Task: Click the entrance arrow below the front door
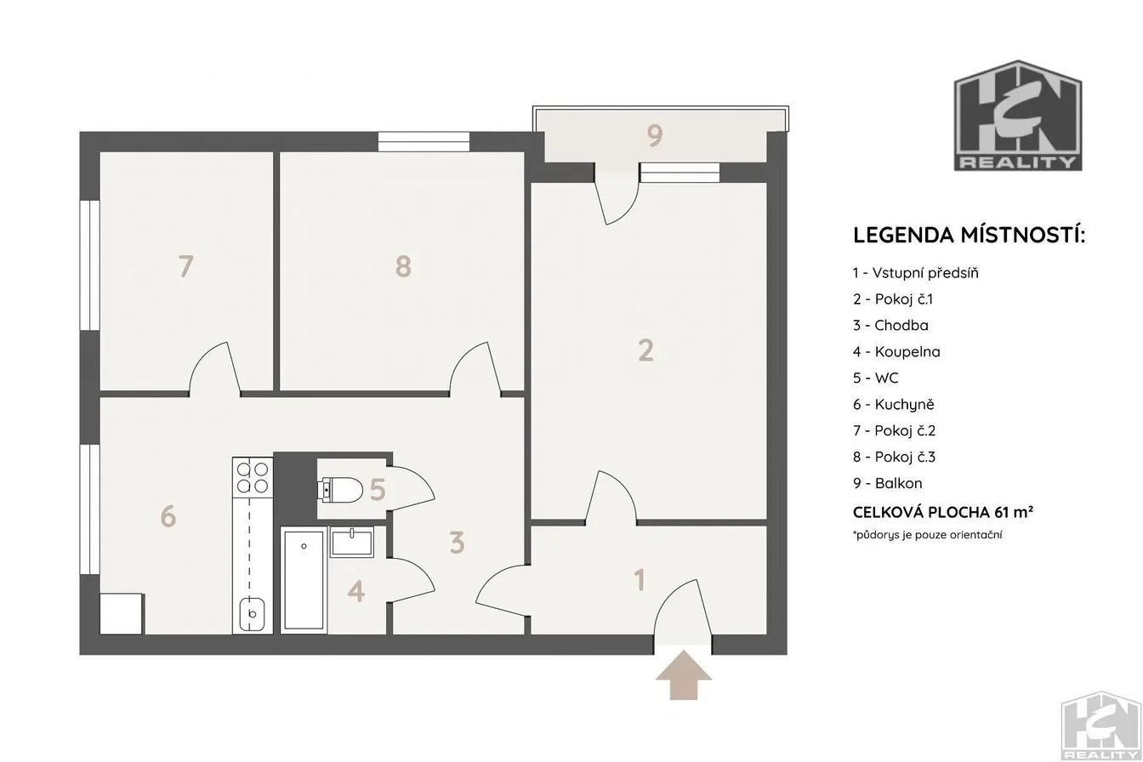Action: (683, 674)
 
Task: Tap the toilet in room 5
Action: (340, 490)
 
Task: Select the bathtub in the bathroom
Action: (304, 580)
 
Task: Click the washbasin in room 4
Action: (352, 542)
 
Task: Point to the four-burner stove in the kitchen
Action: (253, 477)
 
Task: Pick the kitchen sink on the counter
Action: (252, 615)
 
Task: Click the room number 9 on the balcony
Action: (655, 135)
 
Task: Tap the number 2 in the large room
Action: (646, 350)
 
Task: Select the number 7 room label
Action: (185, 266)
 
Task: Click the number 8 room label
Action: (403, 266)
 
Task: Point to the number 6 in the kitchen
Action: (168, 516)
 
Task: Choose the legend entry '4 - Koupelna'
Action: (896, 351)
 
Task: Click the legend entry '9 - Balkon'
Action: (887, 483)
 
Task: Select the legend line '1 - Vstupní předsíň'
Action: (916, 272)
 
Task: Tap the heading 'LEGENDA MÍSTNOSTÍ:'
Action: (969, 235)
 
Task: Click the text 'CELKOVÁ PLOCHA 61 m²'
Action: (943, 512)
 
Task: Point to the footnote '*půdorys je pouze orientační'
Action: (928, 535)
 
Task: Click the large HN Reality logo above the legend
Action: (1018, 116)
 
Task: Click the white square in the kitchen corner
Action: (121, 614)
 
